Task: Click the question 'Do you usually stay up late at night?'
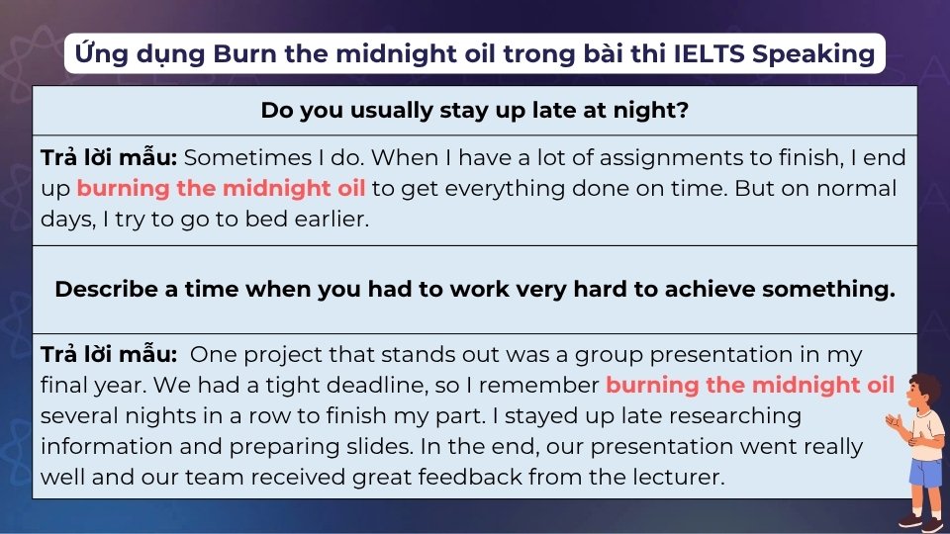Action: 475,110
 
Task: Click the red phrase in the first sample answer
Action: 222,188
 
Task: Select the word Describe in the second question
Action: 108,289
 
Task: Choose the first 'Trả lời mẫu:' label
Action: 109,157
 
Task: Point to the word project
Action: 277,354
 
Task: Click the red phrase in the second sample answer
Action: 750,385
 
